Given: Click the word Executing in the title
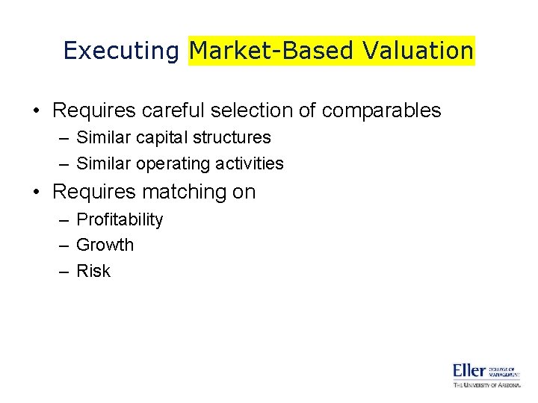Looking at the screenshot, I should click(121, 51).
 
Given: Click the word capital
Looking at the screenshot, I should click(169, 138).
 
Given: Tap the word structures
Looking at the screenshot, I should click(234, 138).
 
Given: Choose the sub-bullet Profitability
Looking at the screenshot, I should click(120, 219).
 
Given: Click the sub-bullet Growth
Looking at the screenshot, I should click(105, 245).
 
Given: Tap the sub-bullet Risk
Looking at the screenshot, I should click(93, 271).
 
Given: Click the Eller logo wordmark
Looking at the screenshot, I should click(469, 371).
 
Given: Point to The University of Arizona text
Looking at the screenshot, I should click(486, 384).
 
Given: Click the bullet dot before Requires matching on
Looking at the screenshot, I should click(36, 193).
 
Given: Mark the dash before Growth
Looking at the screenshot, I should click(64, 246).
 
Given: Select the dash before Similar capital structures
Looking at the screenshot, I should click(64, 138).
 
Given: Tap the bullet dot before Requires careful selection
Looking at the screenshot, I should click(36, 111).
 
